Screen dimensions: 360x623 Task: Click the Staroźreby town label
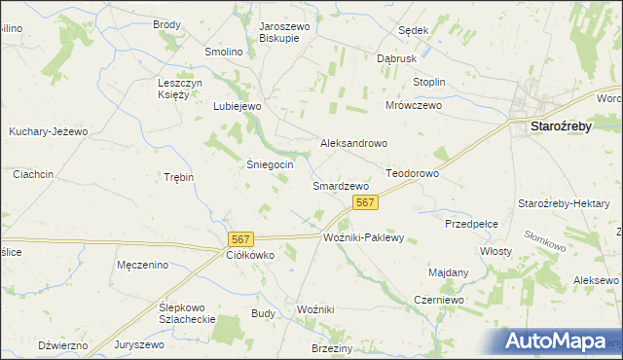click(572, 126)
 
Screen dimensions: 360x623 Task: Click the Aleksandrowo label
click(354, 143)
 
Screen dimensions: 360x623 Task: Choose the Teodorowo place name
click(414, 172)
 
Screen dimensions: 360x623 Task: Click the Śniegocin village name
click(268, 164)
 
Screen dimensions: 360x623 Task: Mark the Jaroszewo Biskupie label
click(284, 32)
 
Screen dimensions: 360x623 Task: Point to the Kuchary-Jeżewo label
click(49, 131)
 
